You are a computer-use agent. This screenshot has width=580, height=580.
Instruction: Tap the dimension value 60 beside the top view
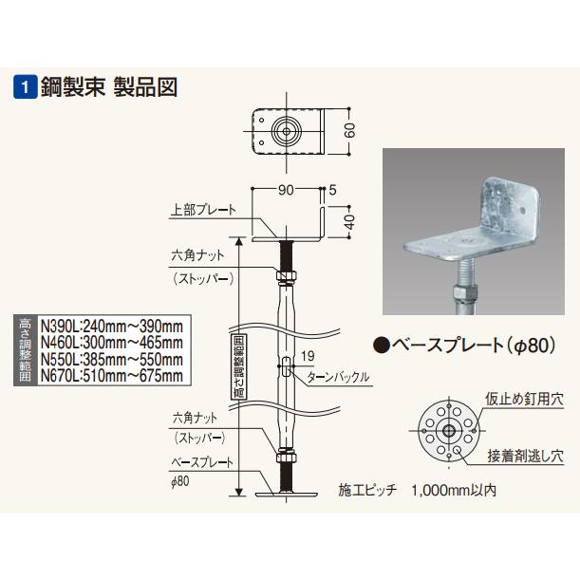(x=349, y=129)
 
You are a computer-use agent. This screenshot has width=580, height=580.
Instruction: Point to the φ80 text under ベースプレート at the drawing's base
(x=182, y=481)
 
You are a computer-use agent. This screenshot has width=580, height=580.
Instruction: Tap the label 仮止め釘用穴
(x=524, y=399)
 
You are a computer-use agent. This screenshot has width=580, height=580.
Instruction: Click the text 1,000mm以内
(x=454, y=491)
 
